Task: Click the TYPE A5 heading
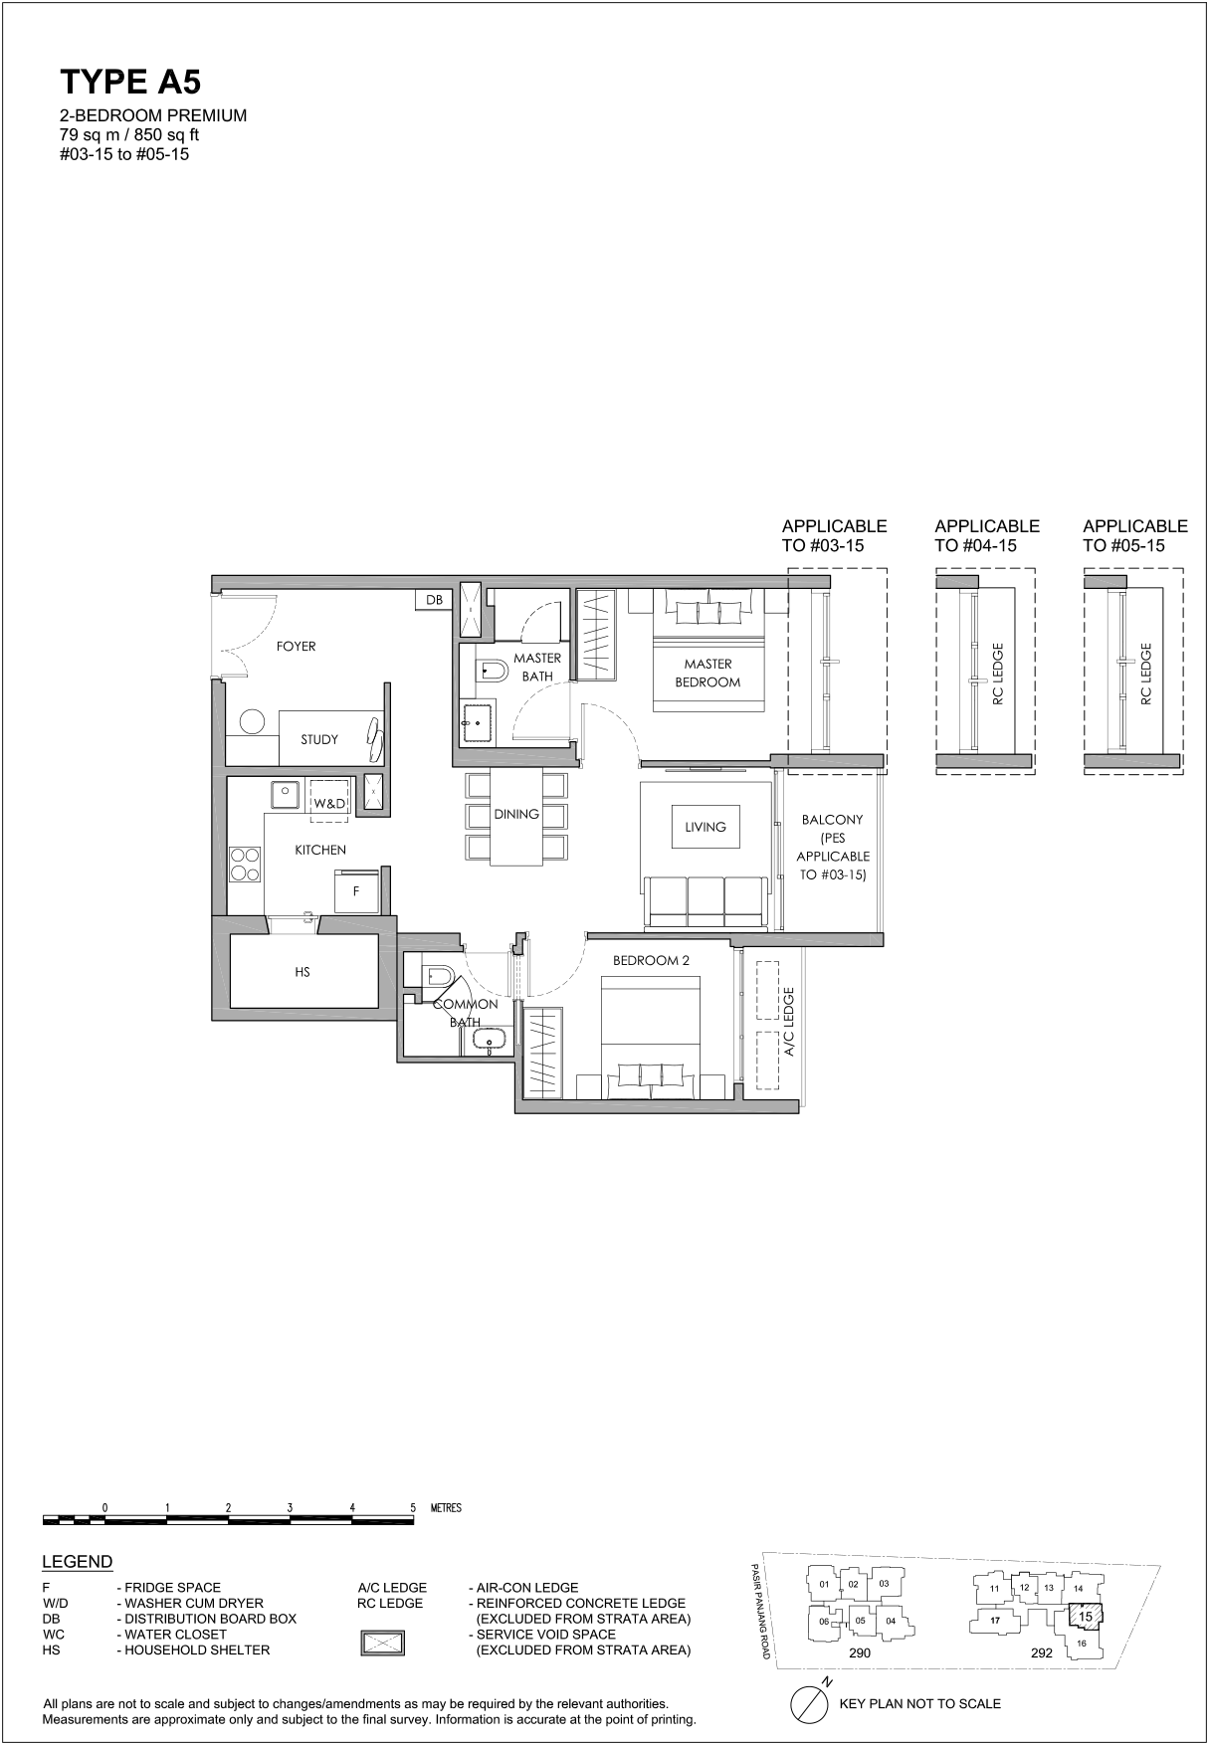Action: click(x=130, y=82)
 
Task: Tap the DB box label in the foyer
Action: click(x=434, y=600)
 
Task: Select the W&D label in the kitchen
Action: click(x=329, y=804)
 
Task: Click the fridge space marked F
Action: click(x=356, y=892)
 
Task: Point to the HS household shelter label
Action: click(x=302, y=972)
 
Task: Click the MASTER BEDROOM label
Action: click(x=707, y=673)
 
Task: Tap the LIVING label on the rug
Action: click(x=705, y=827)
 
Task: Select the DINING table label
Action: click(x=516, y=814)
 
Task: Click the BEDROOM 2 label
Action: click(x=651, y=961)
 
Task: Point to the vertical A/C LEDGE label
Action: click(x=789, y=1025)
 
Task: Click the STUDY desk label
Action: click(x=319, y=739)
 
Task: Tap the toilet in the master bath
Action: click(x=493, y=672)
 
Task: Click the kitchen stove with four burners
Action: click(x=245, y=864)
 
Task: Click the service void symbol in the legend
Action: click(x=382, y=1643)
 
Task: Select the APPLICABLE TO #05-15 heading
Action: click(x=1135, y=535)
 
